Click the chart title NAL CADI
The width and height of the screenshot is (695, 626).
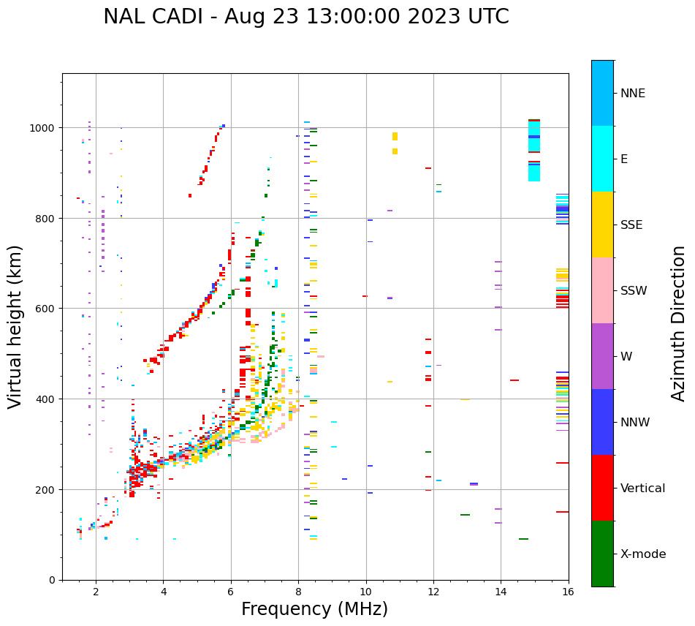pyautogui.click(x=305, y=17)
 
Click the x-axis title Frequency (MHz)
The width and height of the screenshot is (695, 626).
pyautogui.click(x=314, y=609)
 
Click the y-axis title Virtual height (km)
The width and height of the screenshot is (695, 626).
pyautogui.click(x=15, y=326)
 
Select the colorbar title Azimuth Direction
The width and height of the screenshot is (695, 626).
pyautogui.click(x=679, y=323)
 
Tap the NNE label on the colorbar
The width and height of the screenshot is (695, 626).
pyautogui.click(x=633, y=94)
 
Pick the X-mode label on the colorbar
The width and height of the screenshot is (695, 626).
pyautogui.click(x=643, y=554)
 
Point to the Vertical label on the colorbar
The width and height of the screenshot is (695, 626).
pyautogui.click(x=643, y=489)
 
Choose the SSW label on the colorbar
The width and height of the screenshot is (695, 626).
pyautogui.click(x=634, y=291)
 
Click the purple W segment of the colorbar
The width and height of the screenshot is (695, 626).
pyautogui.click(x=602, y=356)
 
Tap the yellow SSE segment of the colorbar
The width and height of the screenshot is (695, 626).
pyautogui.click(x=602, y=225)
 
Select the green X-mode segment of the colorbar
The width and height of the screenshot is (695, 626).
pyautogui.click(x=602, y=554)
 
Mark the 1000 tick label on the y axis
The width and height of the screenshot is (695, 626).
pyautogui.click(x=42, y=128)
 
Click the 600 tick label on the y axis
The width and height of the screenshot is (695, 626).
pyautogui.click(x=45, y=309)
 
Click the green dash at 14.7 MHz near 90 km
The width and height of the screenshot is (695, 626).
pyautogui.click(x=523, y=539)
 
